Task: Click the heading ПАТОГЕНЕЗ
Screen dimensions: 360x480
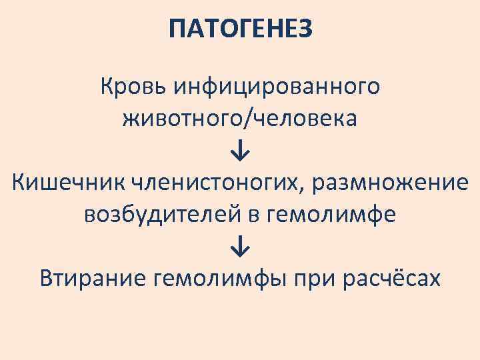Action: point(240,29)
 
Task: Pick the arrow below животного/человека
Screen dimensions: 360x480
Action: point(240,152)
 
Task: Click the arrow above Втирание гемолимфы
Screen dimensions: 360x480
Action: point(240,247)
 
